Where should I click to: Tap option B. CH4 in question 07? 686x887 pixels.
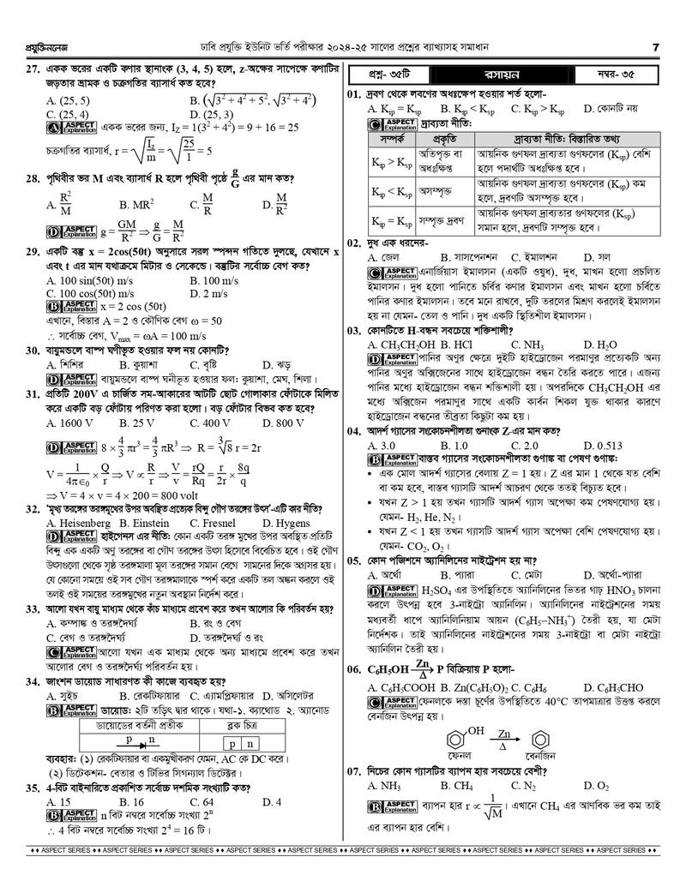click(457, 785)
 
